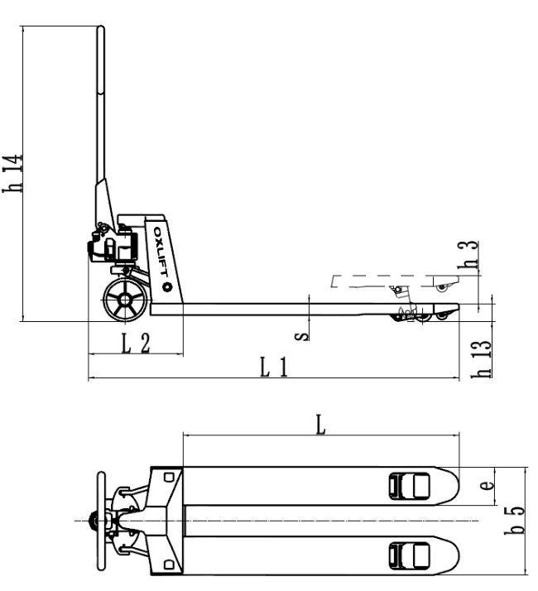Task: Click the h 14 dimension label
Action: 12,173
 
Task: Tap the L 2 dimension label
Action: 136,344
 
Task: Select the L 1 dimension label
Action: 274,368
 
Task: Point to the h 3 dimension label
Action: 468,255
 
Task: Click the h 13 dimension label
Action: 482,359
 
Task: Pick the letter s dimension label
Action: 301,335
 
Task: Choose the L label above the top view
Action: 320,425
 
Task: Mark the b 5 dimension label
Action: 514,520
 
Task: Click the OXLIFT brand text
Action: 161,252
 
